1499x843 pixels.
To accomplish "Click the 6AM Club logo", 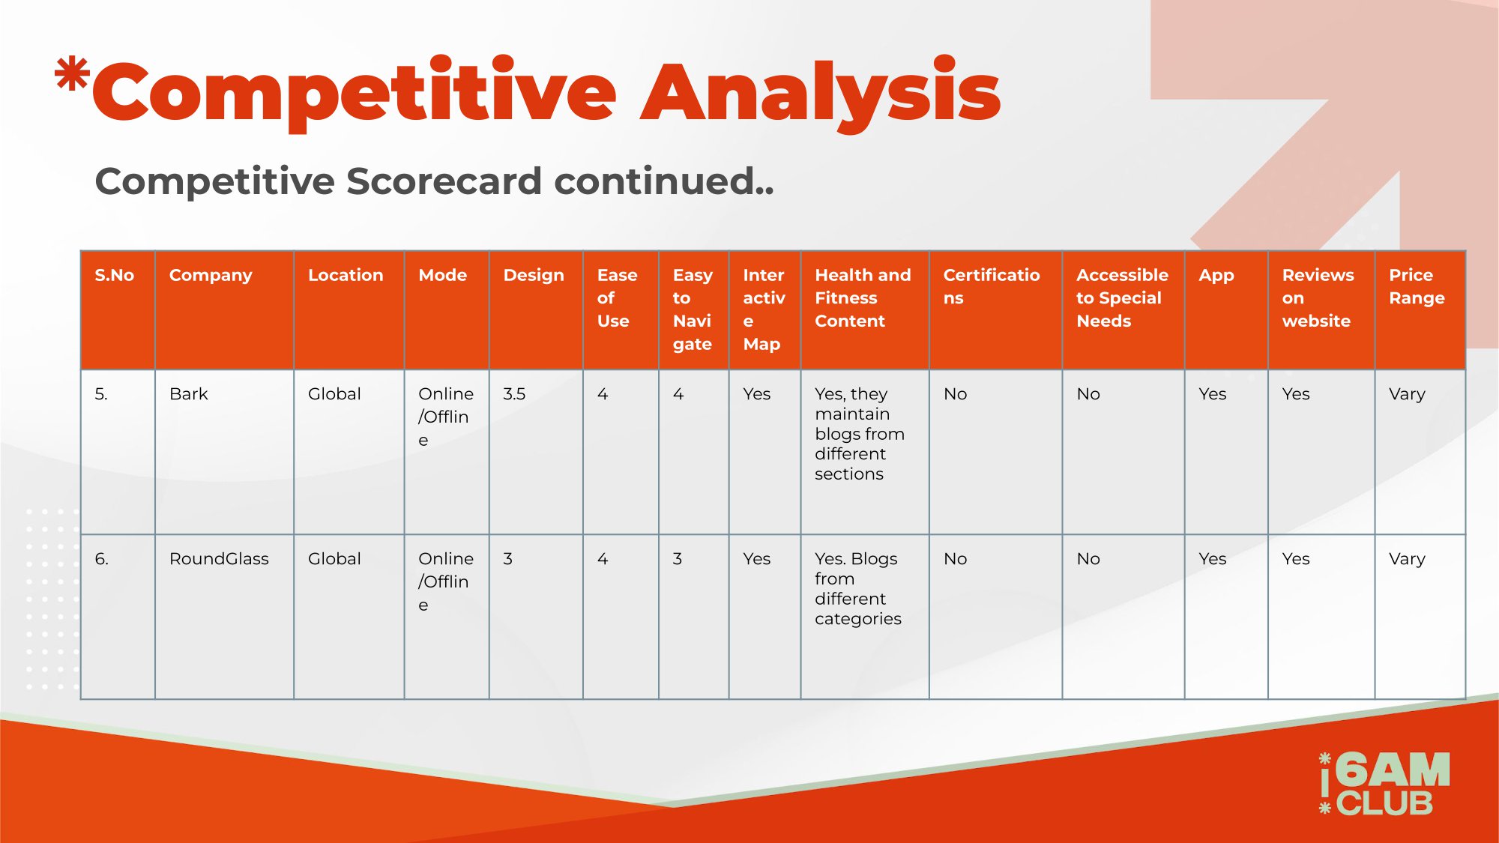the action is tap(1384, 783).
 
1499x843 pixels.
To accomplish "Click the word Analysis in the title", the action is tap(821, 93).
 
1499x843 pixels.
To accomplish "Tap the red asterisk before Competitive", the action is tap(73, 75).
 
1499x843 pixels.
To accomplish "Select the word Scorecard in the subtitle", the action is tap(444, 181).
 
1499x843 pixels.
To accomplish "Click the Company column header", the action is tap(211, 275).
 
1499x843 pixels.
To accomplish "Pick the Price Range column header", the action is tap(1417, 286).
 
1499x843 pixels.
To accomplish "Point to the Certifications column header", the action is tap(991, 286).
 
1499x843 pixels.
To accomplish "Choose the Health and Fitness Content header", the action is tap(863, 297).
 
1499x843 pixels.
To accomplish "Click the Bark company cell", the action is tap(189, 394).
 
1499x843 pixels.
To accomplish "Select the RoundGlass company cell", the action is tap(219, 559).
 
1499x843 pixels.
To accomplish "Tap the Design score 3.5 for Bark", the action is tap(514, 394).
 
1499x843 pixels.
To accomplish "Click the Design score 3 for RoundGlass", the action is tap(508, 559).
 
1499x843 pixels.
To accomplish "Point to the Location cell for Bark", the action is tap(334, 394).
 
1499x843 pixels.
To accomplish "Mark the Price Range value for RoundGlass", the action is tap(1407, 560).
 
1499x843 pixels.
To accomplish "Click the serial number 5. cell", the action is tap(101, 394).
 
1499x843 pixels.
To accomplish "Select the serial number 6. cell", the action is tap(101, 559).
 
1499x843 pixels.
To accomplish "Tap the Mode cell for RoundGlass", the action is tap(446, 581).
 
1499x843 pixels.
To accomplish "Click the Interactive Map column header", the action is tap(764, 309).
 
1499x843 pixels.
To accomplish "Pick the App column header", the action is tap(1216, 276).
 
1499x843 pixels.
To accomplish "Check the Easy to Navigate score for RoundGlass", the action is tap(678, 559).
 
